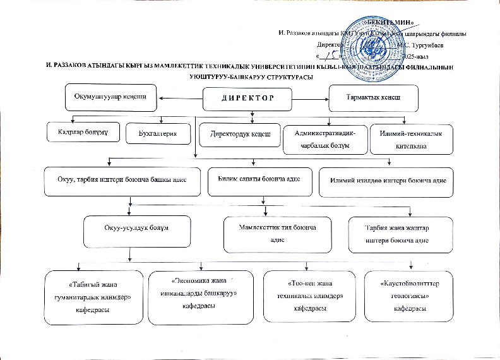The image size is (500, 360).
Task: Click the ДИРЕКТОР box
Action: tap(248, 99)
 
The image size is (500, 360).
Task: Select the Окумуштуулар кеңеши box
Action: tap(111, 97)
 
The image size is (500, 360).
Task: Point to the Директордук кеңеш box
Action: tap(239, 135)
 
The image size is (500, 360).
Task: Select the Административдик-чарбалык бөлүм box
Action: tap(325, 140)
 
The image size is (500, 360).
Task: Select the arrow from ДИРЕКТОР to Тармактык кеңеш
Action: tap(314, 98)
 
